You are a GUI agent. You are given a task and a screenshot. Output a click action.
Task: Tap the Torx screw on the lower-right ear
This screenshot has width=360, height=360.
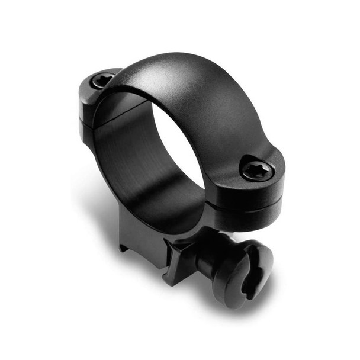[257, 171]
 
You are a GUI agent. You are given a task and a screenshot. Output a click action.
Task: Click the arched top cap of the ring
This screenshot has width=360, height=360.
[195, 89]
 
